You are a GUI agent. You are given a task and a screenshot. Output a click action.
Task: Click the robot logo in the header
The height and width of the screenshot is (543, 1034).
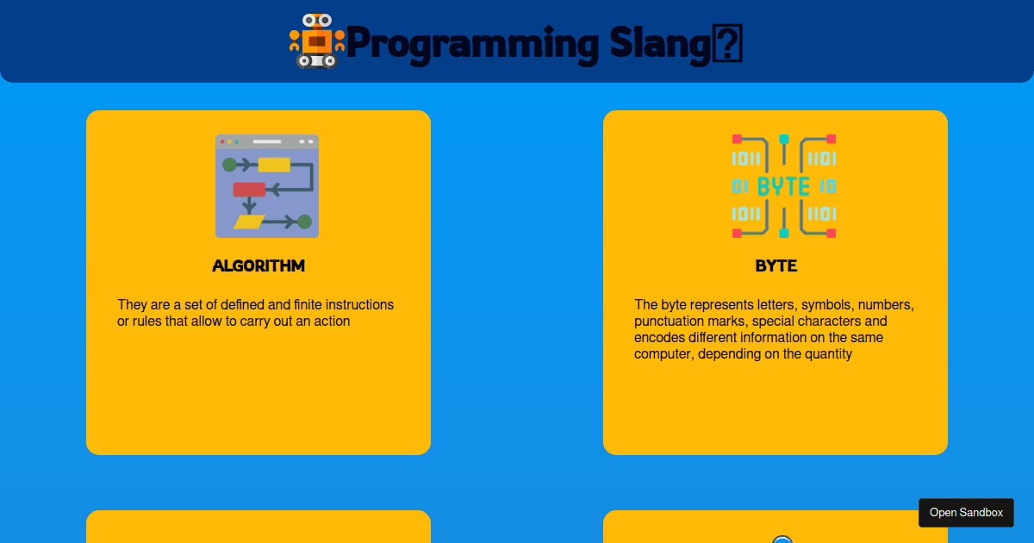pos(316,41)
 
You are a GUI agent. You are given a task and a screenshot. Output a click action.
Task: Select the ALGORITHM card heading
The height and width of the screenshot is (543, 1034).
pos(258,265)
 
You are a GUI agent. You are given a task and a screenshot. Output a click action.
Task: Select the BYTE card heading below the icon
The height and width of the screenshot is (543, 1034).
pos(775,265)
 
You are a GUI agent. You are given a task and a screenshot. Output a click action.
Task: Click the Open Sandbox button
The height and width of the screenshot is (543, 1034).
pos(966,513)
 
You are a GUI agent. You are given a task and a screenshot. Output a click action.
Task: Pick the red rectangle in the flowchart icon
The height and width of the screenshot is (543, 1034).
pos(249,190)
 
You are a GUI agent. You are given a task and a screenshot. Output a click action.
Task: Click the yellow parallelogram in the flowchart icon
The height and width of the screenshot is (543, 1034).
pos(249,222)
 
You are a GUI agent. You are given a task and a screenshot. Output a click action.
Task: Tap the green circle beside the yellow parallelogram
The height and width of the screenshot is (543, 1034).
pos(304,222)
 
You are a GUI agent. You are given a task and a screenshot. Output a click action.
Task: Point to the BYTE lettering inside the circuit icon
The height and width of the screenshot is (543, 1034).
pos(783,186)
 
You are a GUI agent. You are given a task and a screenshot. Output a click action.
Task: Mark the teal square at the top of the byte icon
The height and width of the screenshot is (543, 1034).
pos(784,139)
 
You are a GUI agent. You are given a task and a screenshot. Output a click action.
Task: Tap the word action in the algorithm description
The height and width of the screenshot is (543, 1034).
pos(331,321)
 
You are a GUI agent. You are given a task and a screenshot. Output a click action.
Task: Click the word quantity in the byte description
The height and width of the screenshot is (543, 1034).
pos(826,354)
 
